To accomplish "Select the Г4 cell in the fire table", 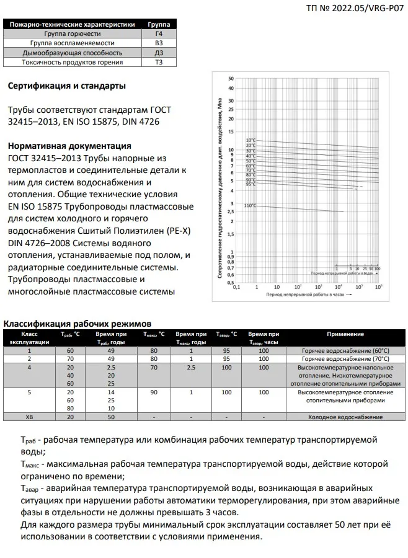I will pos(159,34).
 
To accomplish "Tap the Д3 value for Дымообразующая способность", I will pos(159,53).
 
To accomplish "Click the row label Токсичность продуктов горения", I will pos(73,62).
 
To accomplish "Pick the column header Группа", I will pos(159,24).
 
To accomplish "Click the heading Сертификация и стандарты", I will pos(67,86).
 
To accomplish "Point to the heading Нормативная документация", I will pos(69,146).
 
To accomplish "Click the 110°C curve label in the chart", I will pos(250,205).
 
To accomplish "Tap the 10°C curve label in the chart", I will pos(251,140).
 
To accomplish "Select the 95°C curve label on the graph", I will pos(251,184).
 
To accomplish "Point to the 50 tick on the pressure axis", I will pos(231,79).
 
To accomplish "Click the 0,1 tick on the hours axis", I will pos(236,287).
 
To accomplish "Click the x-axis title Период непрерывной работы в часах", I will pos(306,296).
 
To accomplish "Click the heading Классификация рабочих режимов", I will pos(77,323).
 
